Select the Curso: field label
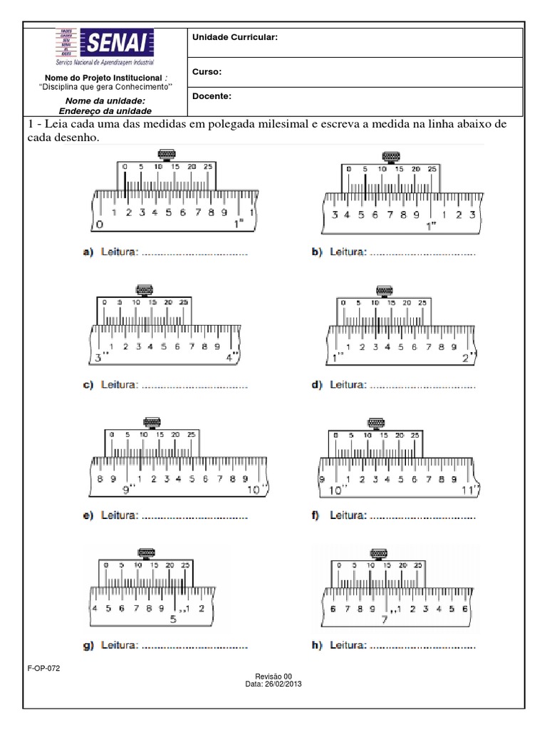(x=207, y=72)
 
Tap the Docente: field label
(x=212, y=95)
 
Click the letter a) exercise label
(x=88, y=252)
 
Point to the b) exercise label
(x=317, y=252)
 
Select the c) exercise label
(x=88, y=386)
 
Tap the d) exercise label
(x=317, y=385)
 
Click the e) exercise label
(x=88, y=515)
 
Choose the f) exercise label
(x=315, y=515)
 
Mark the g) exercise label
(x=88, y=646)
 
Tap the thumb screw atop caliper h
(x=378, y=552)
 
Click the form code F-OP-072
(x=42, y=669)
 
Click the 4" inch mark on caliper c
(x=232, y=359)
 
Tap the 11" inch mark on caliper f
(x=472, y=490)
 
